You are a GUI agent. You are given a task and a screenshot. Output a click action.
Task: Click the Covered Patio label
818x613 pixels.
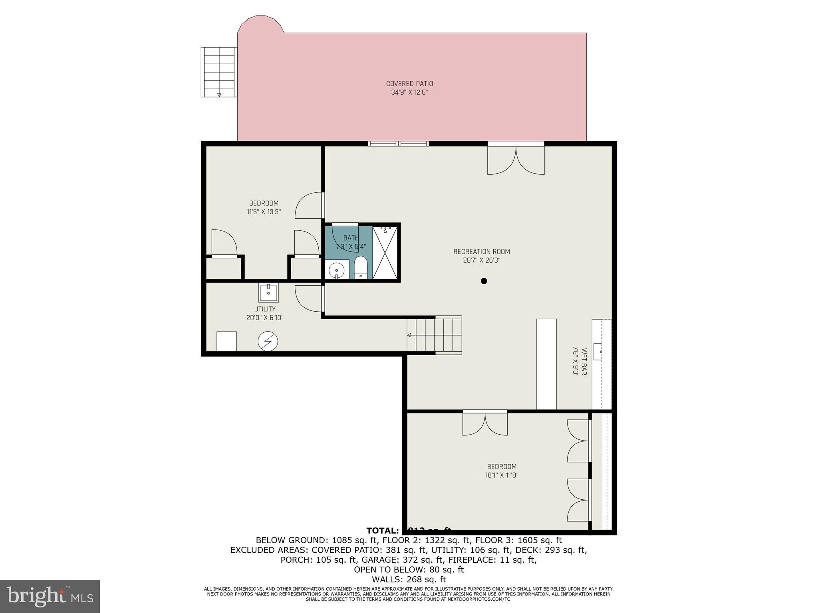[409, 84]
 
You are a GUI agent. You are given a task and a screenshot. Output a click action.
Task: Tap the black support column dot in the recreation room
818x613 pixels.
[484, 281]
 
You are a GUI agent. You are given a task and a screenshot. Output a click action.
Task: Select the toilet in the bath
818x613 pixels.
[361, 267]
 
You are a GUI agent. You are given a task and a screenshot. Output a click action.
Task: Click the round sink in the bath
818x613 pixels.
[336, 270]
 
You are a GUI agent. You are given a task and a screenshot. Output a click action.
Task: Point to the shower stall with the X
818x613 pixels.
[385, 253]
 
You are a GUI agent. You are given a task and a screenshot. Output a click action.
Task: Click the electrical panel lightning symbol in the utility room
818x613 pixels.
[268, 341]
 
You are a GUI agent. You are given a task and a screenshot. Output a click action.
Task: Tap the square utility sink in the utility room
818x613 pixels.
[268, 293]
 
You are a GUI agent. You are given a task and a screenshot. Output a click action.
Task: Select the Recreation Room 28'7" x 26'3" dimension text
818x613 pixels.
[481, 260]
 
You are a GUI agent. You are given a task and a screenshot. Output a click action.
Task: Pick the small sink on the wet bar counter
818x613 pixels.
[598, 352]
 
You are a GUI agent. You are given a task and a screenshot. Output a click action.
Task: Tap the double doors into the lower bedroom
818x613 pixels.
[485, 424]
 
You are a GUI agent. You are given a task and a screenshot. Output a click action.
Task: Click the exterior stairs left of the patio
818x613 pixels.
[218, 72]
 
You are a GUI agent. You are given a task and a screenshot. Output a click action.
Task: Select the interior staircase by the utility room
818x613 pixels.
[435, 335]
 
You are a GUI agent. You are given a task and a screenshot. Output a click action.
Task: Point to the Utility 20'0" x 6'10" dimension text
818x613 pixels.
[265, 318]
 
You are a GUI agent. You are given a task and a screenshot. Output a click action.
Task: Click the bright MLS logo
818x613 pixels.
[50, 596]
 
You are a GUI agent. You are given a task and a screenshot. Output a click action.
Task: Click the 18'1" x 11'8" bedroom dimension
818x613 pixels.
[502, 475]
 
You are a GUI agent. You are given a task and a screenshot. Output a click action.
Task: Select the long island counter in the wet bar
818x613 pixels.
[546, 364]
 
